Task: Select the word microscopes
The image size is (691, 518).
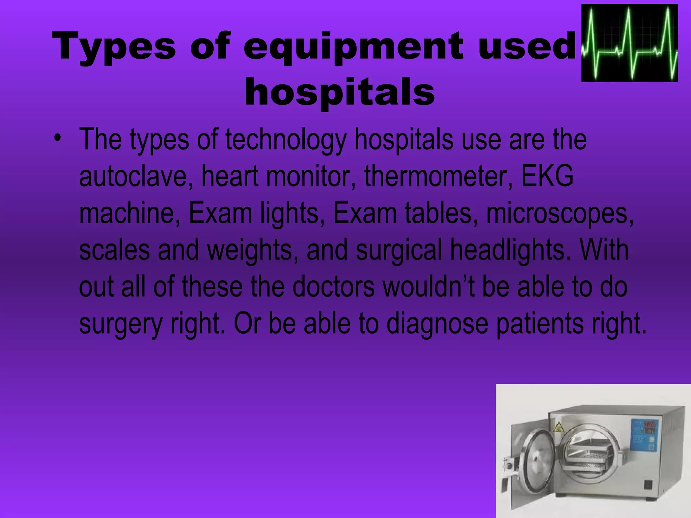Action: pyautogui.click(x=560, y=214)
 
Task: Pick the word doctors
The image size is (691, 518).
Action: pyautogui.click(x=333, y=287)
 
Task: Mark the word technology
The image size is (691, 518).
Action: pyautogui.click(x=286, y=140)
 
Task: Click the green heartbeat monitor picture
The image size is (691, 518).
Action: pyautogui.click(x=630, y=43)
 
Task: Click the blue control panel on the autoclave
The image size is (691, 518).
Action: pyautogui.click(x=643, y=437)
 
